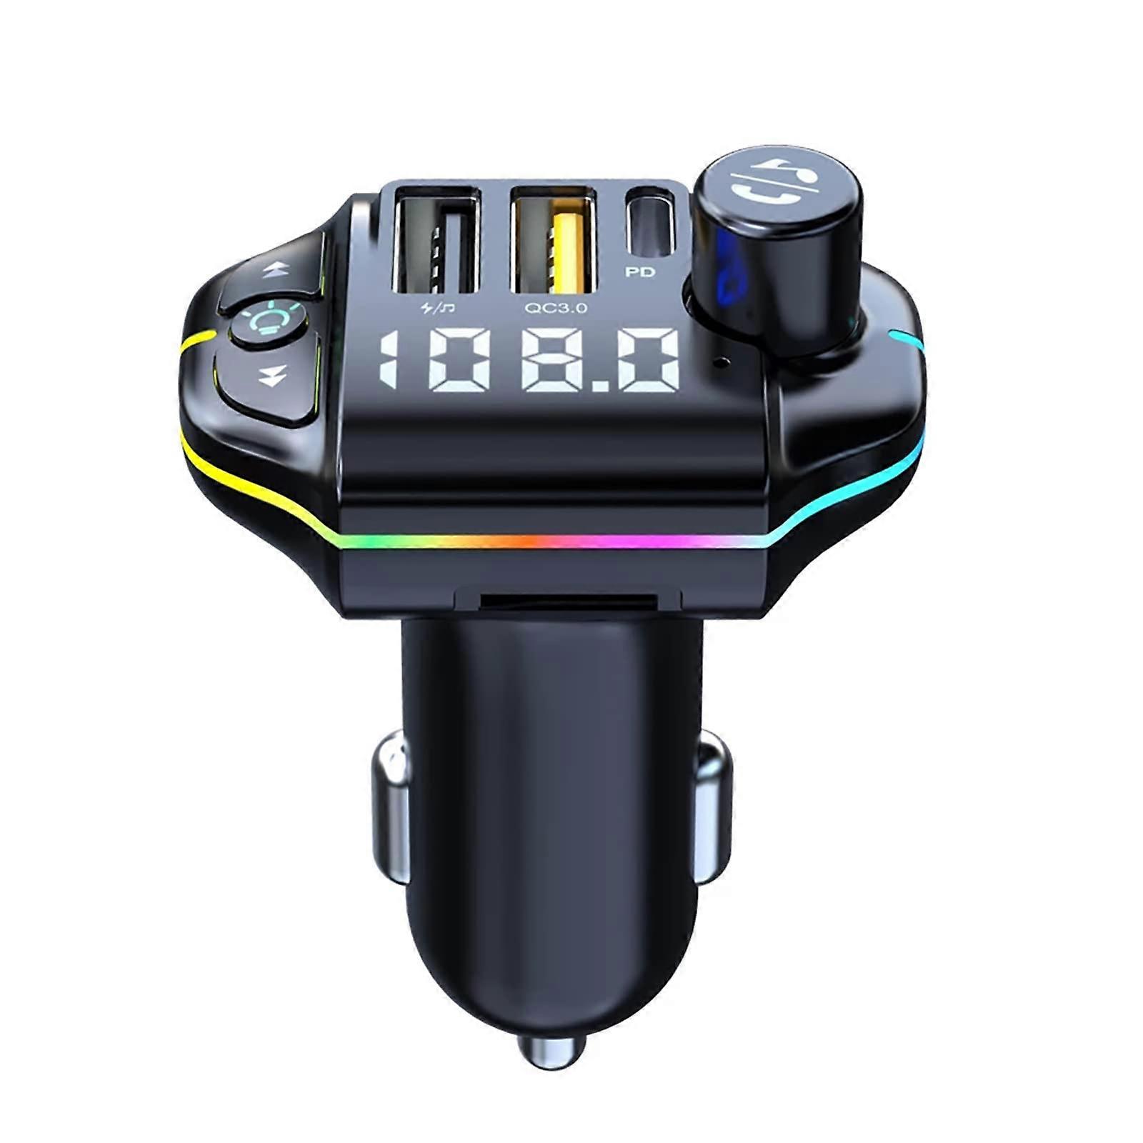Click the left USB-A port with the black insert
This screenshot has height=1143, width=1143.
[436, 239]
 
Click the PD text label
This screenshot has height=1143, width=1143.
[639, 272]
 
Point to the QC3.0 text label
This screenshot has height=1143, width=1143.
[556, 308]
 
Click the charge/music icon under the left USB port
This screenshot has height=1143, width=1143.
[438, 308]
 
